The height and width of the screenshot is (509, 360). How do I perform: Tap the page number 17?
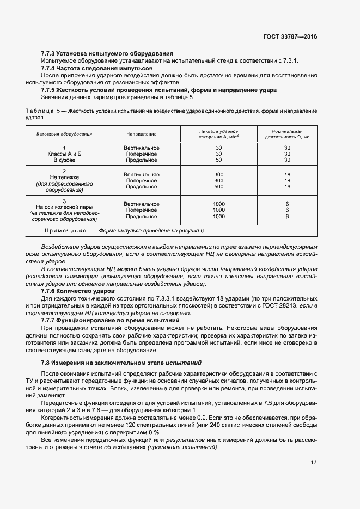point(313,463)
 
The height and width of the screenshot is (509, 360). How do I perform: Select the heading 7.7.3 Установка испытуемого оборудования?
point(107,53)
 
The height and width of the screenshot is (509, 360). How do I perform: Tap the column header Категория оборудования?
point(64,133)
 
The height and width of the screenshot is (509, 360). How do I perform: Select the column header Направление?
point(142,133)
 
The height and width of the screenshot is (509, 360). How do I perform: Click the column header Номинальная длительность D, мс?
point(287,133)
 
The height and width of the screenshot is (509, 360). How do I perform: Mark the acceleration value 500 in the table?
point(219,187)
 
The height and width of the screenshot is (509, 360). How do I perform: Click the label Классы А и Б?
point(64,154)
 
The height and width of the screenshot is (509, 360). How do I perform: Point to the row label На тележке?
point(64,177)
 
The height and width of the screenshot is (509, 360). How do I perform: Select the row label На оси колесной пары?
point(64,207)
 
